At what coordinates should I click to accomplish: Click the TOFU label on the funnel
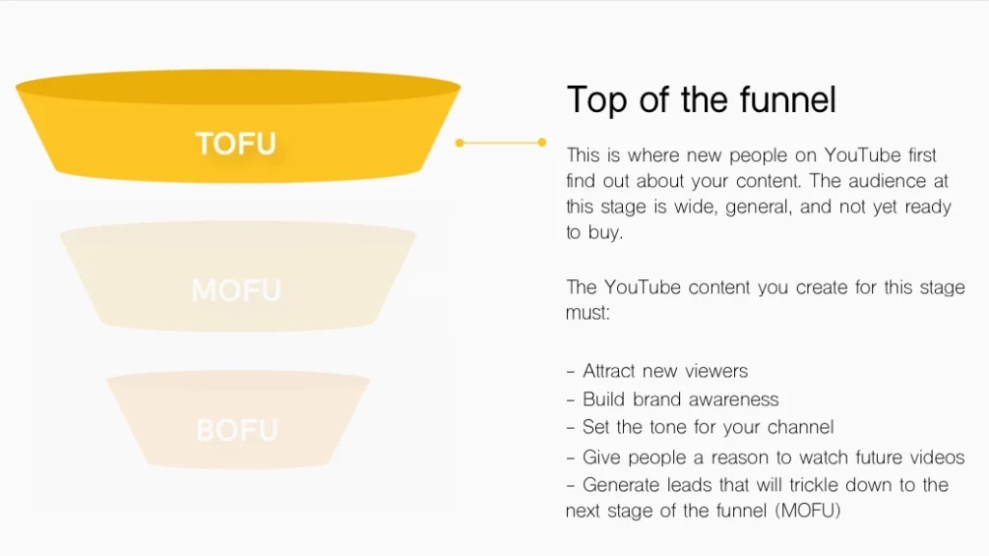point(236,144)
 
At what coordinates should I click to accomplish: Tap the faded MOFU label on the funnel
point(236,291)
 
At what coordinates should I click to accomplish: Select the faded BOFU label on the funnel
point(238,431)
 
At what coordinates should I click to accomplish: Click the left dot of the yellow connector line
point(459,143)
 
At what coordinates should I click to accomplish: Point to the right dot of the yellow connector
point(542,143)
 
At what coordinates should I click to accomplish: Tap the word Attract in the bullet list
point(608,371)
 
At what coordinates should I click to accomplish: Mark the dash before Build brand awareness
point(571,401)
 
